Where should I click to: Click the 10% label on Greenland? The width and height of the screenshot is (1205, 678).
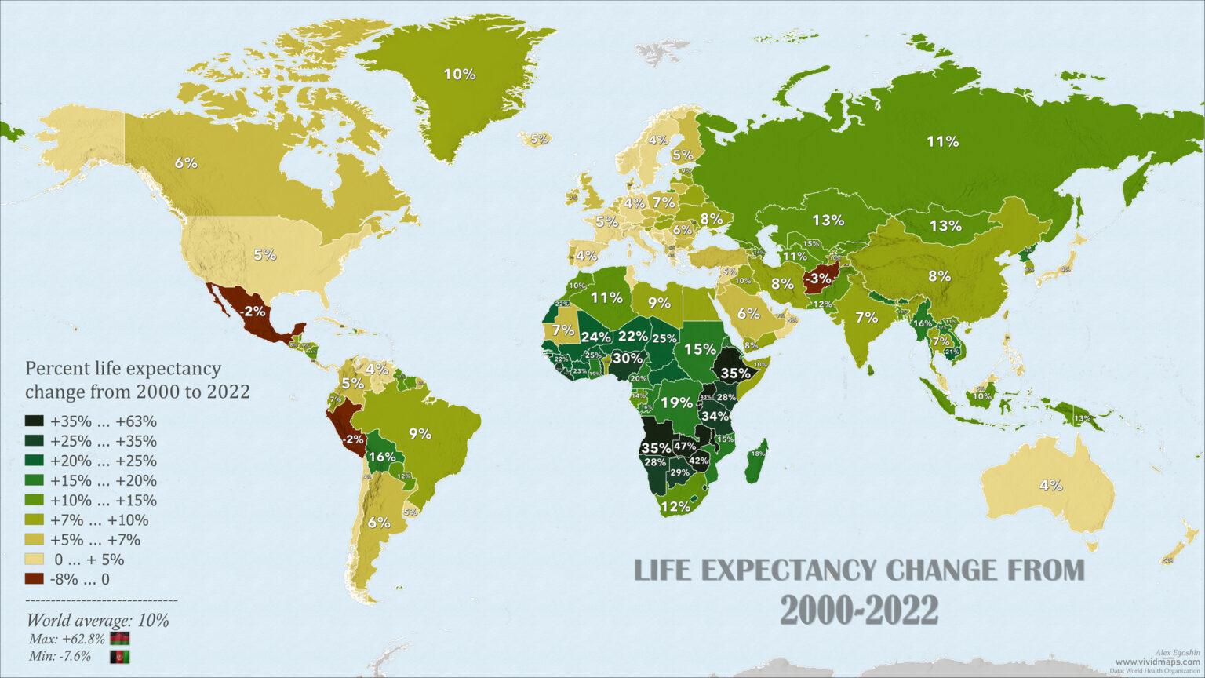pos(460,75)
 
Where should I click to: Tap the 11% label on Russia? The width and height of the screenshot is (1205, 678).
pos(942,141)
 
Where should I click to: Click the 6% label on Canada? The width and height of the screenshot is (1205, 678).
pos(186,163)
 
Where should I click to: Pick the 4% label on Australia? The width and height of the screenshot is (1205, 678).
pos(1050,485)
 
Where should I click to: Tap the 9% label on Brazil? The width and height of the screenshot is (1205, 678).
pos(420,432)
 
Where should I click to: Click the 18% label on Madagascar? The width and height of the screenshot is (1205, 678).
pos(758,454)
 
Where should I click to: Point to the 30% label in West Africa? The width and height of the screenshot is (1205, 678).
pos(627,358)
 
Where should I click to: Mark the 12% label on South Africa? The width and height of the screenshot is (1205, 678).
pos(675,506)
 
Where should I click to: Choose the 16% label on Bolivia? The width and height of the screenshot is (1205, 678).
pos(381,457)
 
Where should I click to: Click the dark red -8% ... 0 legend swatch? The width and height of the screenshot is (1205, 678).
pos(35,580)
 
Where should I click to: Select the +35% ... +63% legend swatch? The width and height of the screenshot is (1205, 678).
pos(35,421)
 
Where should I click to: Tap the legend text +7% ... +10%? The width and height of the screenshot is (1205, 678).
pos(99,520)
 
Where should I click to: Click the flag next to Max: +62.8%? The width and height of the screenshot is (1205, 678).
pos(120,639)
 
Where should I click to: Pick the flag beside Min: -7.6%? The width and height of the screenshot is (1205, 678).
pos(120,657)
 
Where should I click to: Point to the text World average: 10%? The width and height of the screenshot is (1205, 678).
pos(97,621)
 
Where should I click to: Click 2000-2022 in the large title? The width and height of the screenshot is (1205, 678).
pos(859,610)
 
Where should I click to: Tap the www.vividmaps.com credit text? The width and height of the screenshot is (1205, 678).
pos(1157,662)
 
